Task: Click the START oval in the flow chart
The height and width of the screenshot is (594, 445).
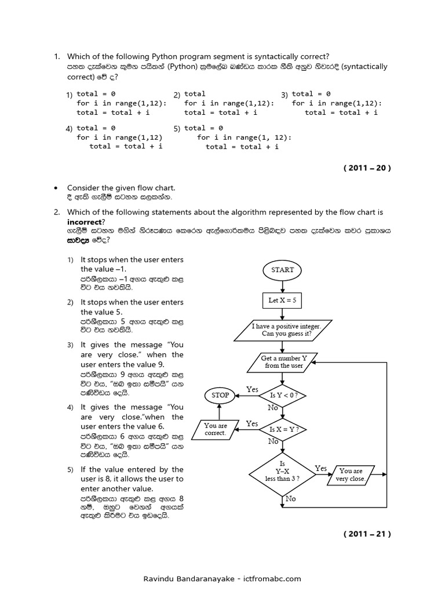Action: pos(282,270)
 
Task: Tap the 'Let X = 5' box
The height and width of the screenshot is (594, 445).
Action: pos(282,300)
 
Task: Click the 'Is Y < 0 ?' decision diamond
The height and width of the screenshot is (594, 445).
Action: pos(282,396)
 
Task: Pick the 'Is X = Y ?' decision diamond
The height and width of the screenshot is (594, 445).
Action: pos(282,430)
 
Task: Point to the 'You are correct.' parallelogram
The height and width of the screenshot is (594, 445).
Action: pos(216,429)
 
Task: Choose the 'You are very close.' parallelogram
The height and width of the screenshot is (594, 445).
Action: pos(351,475)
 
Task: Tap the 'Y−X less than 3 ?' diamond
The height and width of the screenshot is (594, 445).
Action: pos(282,472)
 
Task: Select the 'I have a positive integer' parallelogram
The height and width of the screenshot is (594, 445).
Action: pos(282,330)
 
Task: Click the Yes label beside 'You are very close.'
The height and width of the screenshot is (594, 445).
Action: pos(320,468)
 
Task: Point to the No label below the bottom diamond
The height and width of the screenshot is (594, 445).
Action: pos(290,498)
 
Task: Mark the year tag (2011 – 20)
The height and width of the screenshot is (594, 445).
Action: pos(367,168)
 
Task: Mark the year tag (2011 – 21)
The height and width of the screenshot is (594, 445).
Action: pos(367,534)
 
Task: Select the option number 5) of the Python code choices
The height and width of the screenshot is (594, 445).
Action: pos(177,128)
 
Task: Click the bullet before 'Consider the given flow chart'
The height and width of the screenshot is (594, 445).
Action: pos(56,188)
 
